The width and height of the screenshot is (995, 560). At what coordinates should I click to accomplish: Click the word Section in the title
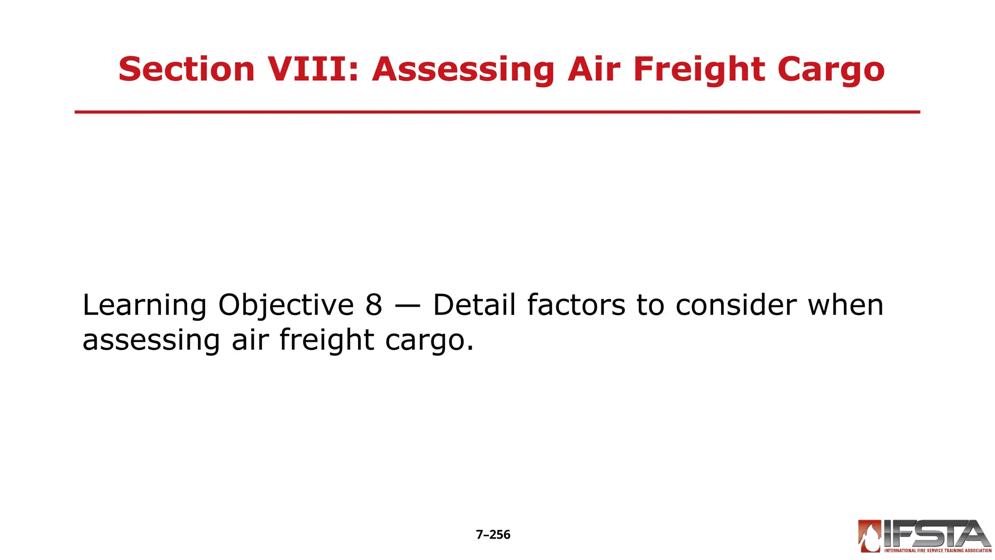point(187,69)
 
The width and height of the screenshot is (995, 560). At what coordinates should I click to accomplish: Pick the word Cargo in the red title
point(831,69)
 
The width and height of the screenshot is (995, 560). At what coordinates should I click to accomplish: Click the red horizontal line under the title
point(497,112)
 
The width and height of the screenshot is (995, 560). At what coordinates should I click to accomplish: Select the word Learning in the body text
point(145,305)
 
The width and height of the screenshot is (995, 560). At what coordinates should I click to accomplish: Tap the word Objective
point(286,305)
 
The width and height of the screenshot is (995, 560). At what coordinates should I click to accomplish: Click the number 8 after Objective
point(374,305)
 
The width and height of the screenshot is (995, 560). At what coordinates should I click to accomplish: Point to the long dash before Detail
point(408,306)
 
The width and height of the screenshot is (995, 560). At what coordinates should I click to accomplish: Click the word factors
point(576,305)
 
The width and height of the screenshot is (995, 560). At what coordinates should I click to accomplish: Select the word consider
point(736,305)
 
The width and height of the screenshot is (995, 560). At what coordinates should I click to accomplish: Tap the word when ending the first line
point(845,305)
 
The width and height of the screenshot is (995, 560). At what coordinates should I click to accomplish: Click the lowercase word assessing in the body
point(151,340)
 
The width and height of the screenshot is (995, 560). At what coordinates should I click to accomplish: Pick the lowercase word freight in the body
point(327,340)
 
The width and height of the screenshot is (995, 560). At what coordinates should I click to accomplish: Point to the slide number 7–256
point(493,535)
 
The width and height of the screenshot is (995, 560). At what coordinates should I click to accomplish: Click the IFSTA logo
point(925,536)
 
